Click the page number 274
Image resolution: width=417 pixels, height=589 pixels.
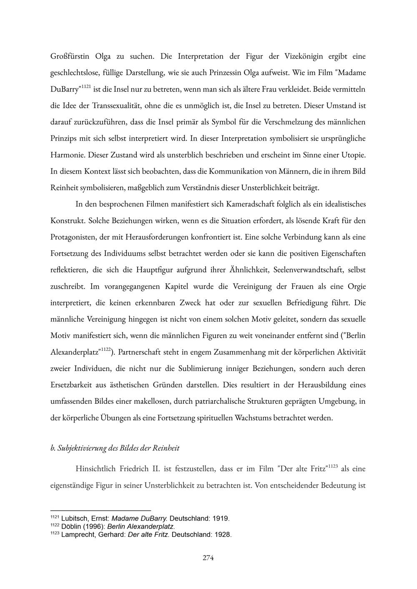click(208, 558)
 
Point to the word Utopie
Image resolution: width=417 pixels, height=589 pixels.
click(353, 155)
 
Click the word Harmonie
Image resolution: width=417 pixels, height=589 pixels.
click(68, 155)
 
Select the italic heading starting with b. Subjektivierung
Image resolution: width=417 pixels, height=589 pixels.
click(115, 448)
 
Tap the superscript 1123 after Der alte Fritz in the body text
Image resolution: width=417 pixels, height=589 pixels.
click(332, 466)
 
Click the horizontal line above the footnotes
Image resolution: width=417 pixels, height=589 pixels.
click(100, 510)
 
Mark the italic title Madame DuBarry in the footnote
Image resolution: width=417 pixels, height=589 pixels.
click(139, 519)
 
